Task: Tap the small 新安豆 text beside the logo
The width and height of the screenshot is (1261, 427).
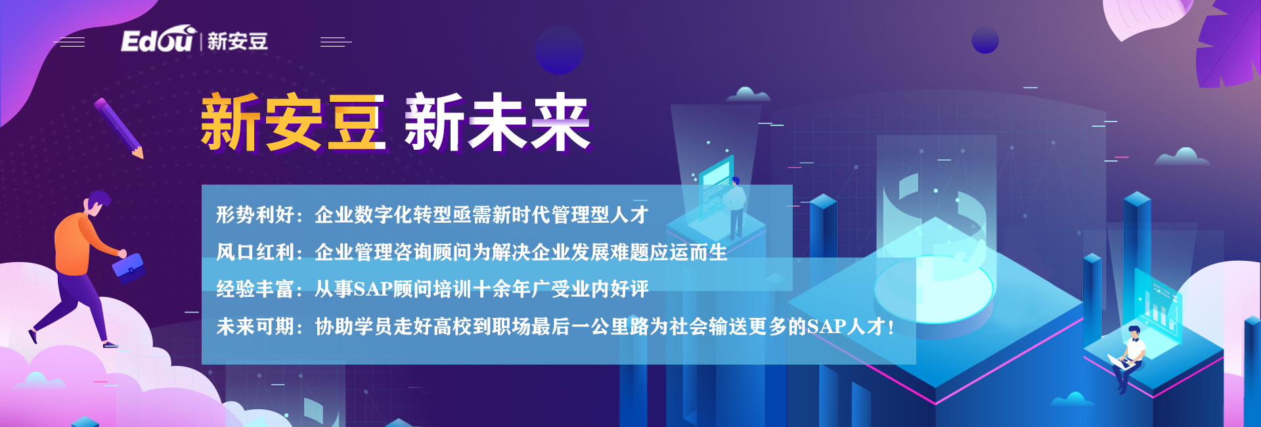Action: pyautogui.click(x=238, y=41)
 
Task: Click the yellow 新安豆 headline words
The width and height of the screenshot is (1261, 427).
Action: pyautogui.click(x=293, y=122)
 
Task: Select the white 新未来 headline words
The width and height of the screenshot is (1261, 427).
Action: pyautogui.click(x=497, y=122)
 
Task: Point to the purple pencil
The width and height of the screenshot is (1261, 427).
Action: pyautogui.click(x=118, y=128)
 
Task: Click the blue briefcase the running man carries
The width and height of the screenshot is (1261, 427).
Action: pyautogui.click(x=128, y=268)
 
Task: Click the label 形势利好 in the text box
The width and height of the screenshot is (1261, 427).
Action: pyautogui.click(x=255, y=215)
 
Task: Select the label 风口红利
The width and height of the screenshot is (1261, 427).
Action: pyautogui.click(x=255, y=252)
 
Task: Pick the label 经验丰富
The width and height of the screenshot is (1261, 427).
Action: pyautogui.click(x=255, y=289)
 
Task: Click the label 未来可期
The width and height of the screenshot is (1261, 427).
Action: pyautogui.click(x=255, y=326)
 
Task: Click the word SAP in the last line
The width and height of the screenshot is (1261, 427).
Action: pyautogui.click(x=826, y=327)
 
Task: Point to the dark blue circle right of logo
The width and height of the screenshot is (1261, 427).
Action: pyautogui.click(x=559, y=49)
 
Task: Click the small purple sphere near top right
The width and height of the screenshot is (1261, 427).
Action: pyautogui.click(x=985, y=41)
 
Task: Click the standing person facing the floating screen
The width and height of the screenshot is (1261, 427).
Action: pyautogui.click(x=736, y=207)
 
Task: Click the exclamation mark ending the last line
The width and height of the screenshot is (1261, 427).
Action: pyautogui.click(x=891, y=327)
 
